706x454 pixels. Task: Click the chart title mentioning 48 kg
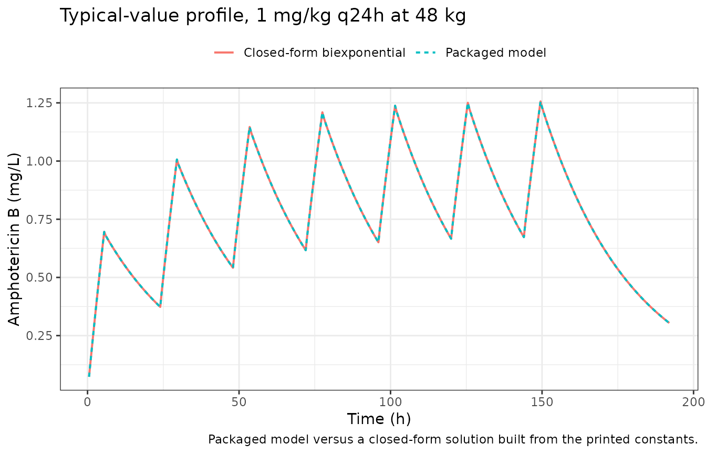pos(263,15)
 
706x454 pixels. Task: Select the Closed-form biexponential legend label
pos(324,53)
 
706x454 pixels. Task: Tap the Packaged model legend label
pos(495,53)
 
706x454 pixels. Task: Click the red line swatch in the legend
pos(224,53)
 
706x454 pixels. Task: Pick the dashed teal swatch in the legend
pos(426,53)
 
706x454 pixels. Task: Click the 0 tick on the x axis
pos(88,402)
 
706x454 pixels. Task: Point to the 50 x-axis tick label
pos(239,402)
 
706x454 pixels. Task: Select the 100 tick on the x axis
pos(390,402)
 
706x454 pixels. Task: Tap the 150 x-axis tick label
pos(542,402)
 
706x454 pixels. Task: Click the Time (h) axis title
pos(379,419)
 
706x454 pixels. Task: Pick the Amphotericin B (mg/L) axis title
pos(14,239)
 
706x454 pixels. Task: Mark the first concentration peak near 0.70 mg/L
pos(104,232)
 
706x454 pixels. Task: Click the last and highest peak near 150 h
pos(541,102)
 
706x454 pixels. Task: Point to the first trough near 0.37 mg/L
pos(160,306)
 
